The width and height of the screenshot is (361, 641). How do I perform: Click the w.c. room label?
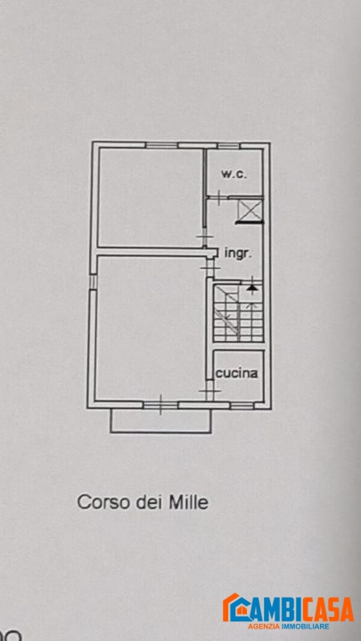click(x=234, y=174)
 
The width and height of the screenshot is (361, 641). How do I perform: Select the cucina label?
click(x=237, y=373)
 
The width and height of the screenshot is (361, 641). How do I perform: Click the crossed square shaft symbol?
click(x=250, y=211)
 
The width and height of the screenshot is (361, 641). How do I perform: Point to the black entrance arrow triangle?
click(x=252, y=288)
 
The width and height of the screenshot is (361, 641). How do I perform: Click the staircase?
click(x=238, y=312)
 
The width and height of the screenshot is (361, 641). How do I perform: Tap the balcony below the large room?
click(x=160, y=420)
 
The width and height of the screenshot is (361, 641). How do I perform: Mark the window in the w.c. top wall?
click(x=228, y=145)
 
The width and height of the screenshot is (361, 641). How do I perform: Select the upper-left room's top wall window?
click(x=161, y=145)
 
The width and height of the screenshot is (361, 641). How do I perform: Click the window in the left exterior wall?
click(x=93, y=281)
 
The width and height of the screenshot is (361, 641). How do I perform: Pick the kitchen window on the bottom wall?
click(x=242, y=405)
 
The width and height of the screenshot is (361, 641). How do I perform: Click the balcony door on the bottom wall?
click(x=160, y=405)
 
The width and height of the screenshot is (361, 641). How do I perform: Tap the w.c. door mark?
click(x=219, y=198)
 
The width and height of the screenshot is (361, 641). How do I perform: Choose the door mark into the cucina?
click(x=209, y=391)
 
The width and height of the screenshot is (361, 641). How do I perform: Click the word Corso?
click(x=101, y=502)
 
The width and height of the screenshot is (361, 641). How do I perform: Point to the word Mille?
click(x=189, y=502)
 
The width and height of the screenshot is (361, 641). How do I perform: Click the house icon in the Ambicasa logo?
click(x=235, y=607)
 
